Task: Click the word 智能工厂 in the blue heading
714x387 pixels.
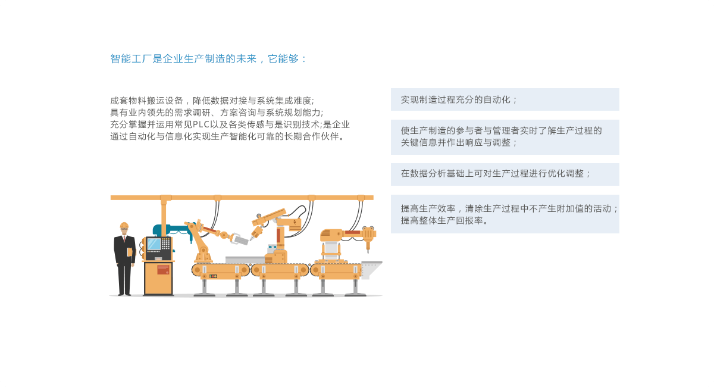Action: point(131,59)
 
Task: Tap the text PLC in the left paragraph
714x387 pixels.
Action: point(201,124)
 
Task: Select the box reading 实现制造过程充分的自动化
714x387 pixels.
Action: point(505,99)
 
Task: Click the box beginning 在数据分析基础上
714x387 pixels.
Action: point(505,174)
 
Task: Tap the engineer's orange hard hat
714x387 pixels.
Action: point(124,225)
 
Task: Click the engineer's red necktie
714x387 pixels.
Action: point(124,239)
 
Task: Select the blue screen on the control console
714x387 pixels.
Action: point(154,244)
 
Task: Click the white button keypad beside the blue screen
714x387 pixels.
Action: point(166,244)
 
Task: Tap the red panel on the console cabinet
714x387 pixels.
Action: point(163,270)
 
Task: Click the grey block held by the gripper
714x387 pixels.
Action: point(242,241)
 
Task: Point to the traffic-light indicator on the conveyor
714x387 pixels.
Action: point(213,276)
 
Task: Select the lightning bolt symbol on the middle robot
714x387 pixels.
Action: point(295,221)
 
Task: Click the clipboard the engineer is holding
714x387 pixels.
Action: point(130,252)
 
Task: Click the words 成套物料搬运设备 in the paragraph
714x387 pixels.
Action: point(146,101)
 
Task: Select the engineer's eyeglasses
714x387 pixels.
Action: point(124,229)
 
